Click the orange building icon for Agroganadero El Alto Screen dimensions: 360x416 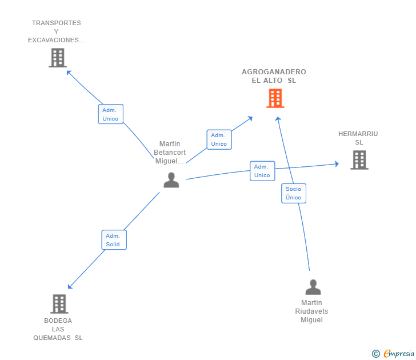pos(275,98)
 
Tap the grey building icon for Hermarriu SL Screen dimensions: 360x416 pos(359,160)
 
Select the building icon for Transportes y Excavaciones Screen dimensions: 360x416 pos(57,58)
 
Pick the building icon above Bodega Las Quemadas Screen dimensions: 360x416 pos(59,304)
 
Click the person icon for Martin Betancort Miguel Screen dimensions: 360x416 pos(171,180)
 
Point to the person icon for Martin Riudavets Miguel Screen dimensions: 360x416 pos(313,287)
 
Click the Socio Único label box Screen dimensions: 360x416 pos(293,193)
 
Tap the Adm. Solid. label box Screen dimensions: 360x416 pos(113,240)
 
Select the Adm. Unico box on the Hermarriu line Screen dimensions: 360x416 pos(262,171)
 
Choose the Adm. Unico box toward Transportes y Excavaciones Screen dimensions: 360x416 pos(110,114)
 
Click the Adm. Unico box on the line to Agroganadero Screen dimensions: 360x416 pos(219,139)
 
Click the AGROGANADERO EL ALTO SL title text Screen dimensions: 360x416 pos(274,76)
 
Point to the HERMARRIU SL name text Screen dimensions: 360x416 pos(358,138)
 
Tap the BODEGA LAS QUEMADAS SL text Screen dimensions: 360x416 pos(58,329)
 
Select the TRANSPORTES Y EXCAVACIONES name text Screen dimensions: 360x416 pos(57,31)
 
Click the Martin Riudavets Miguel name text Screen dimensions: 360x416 pos(312,311)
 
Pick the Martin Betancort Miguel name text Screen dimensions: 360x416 pos(170,153)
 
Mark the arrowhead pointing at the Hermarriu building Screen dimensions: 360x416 pos(337,164)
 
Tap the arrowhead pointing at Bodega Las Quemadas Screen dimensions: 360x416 pos(70,286)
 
